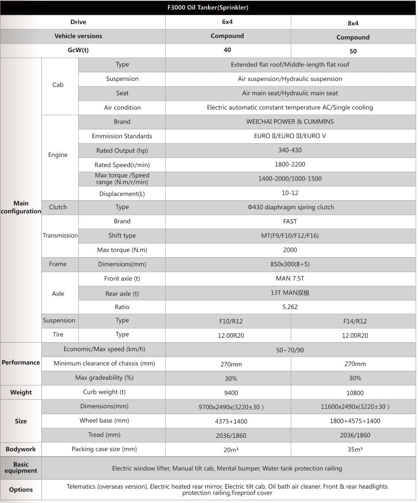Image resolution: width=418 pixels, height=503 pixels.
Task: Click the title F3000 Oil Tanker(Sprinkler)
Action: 208,8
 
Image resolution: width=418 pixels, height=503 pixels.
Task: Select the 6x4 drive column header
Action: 227,22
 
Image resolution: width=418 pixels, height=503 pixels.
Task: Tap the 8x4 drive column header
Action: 353,23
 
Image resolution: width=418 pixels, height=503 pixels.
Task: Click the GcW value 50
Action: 353,51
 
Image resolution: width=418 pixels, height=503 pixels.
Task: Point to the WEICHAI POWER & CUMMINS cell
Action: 290,122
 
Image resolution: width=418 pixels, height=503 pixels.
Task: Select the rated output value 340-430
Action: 290,150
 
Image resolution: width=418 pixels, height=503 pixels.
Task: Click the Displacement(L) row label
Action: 122,194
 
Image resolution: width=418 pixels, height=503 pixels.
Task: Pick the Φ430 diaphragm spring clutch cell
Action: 290,207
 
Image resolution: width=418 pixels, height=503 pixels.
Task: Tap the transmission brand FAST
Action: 290,221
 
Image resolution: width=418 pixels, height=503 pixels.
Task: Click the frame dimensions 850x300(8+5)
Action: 290,264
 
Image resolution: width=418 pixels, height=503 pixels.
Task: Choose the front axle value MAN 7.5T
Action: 290,278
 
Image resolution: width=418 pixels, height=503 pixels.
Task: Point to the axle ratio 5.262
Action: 290,307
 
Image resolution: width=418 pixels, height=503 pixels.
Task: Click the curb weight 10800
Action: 355,393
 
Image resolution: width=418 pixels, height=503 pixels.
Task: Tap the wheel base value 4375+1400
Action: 231,421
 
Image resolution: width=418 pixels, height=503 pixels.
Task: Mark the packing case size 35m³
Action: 355,450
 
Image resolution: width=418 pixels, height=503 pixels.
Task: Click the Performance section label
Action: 21,362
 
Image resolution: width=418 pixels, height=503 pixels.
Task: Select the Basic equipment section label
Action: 21,468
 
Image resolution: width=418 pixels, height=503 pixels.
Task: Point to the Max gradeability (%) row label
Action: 104,378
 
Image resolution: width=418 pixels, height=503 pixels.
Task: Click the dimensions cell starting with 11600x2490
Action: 355,407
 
